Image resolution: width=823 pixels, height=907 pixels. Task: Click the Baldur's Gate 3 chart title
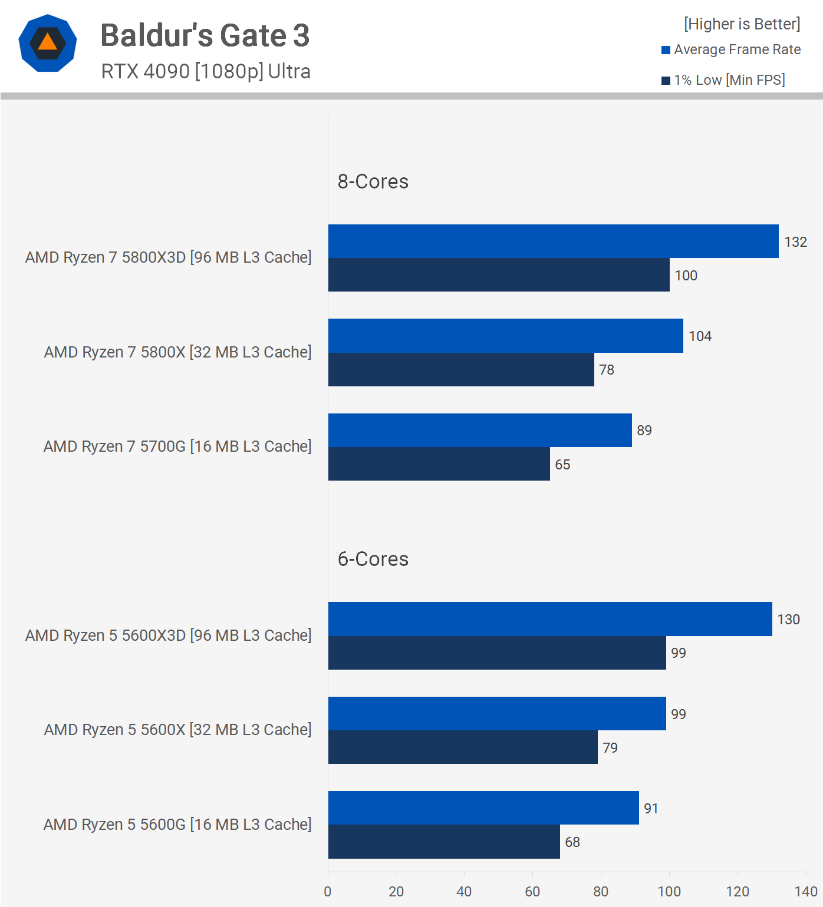click(205, 35)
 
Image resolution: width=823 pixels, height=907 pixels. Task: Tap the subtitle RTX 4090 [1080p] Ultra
click(206, 71)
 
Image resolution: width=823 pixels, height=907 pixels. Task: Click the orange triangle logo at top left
click(48, 43)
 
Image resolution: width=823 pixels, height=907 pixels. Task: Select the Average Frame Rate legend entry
click(731, 50)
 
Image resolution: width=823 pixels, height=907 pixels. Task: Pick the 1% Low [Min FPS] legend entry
click(723, 80)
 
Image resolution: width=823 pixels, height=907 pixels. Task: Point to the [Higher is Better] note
click(742, 24)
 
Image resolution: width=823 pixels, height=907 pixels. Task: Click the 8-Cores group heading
click(373, 181)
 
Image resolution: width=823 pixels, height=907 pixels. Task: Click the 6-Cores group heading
click(373, 559)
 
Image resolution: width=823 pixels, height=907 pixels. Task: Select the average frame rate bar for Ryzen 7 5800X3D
click(553, 241)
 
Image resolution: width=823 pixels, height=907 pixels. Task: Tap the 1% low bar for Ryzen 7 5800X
click(461, 370)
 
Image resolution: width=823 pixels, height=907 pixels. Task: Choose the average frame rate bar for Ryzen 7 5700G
click(480, 431)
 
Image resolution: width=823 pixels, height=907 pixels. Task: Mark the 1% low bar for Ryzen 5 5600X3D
click(497, 653)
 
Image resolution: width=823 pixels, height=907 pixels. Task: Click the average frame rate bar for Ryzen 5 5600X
click(497, 714)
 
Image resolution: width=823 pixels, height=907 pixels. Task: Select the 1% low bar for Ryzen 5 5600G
click(444, 842)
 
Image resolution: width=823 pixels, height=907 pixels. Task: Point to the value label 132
click(795, 242)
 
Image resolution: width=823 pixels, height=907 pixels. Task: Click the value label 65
click(562, 465)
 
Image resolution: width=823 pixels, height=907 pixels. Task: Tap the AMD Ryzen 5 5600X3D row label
click(168, 635)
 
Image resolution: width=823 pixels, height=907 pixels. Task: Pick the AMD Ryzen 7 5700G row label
click(177, 446)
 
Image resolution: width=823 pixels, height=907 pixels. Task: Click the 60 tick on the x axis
click(532, 892)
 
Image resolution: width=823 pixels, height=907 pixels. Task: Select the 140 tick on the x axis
click(805, 892)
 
